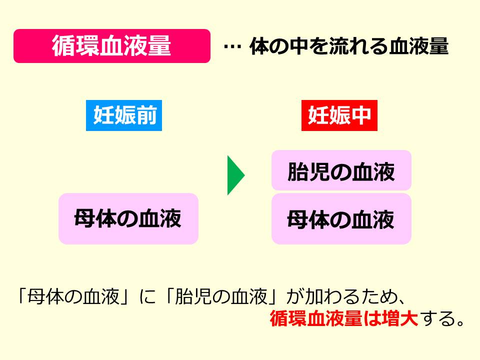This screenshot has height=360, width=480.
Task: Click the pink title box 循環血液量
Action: (111, 46)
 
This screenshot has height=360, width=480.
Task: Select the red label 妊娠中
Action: (339, 116)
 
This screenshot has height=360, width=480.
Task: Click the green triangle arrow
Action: (235, 175)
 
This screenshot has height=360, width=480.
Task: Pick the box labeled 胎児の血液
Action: (341, 171)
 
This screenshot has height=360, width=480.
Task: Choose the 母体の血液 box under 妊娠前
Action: (128, 219)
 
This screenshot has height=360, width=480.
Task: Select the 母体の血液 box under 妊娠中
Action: (341, 219)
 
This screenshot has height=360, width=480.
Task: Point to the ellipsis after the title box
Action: (232, 47)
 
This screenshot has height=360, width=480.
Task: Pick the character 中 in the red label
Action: (360, 116)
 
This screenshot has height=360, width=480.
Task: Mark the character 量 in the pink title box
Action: (159, 46)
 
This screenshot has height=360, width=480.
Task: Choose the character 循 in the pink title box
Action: (63, 46)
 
